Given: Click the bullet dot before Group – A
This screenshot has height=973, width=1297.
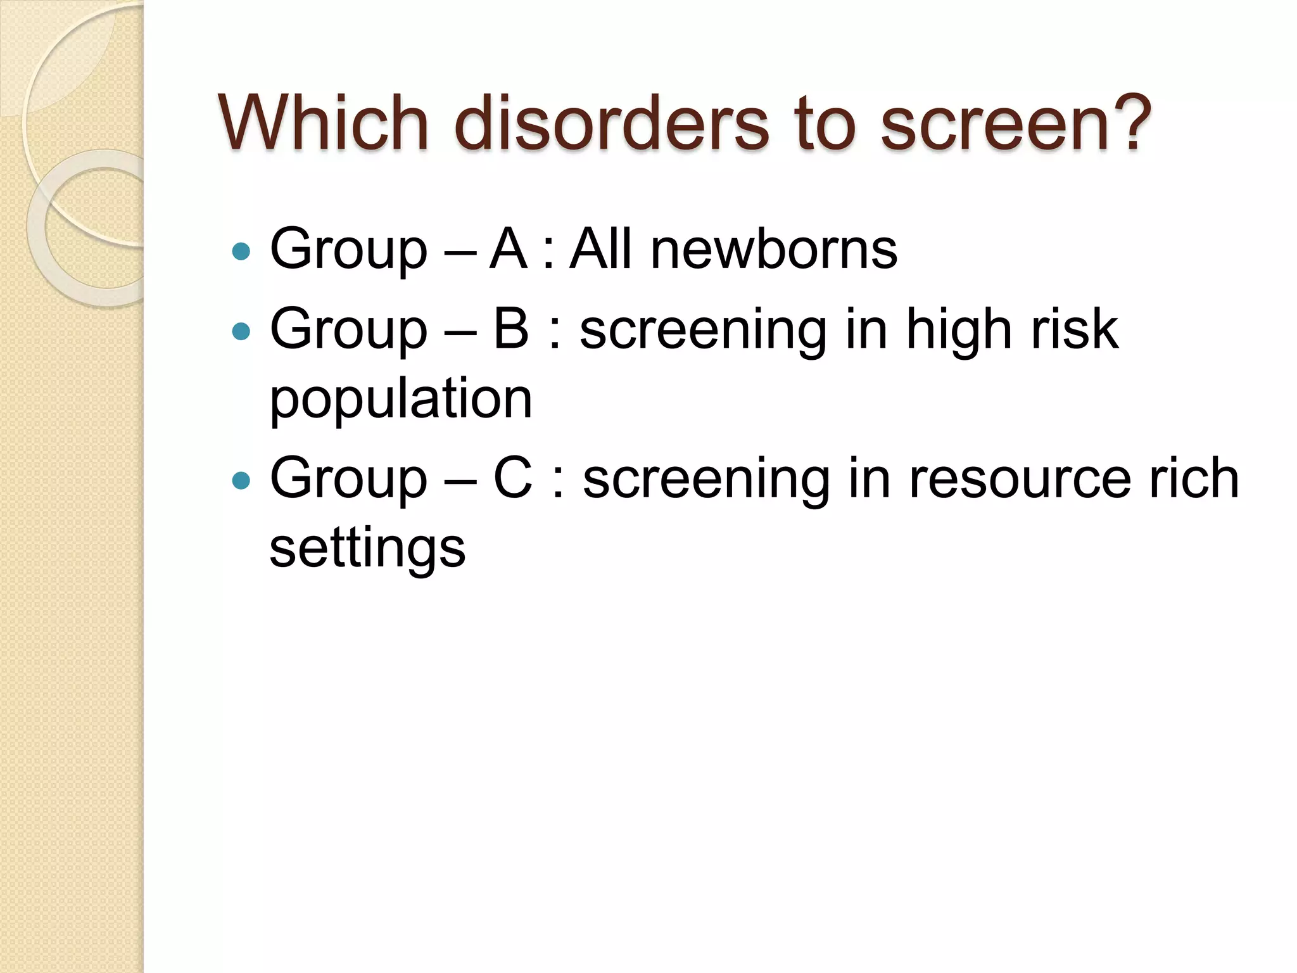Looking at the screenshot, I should [241, 252].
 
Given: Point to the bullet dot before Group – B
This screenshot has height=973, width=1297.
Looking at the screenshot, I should [241, 331].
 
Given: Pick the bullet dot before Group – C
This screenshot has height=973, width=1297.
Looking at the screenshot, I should [241, 481].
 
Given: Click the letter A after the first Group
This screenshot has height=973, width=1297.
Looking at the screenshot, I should [509, 249].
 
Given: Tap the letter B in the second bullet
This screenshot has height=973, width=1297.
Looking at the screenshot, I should [510, 329].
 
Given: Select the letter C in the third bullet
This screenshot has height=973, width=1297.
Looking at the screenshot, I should [513, 478].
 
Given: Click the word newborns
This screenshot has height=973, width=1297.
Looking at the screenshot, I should [774, 249].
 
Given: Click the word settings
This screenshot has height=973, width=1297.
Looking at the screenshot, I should [367, 549].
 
